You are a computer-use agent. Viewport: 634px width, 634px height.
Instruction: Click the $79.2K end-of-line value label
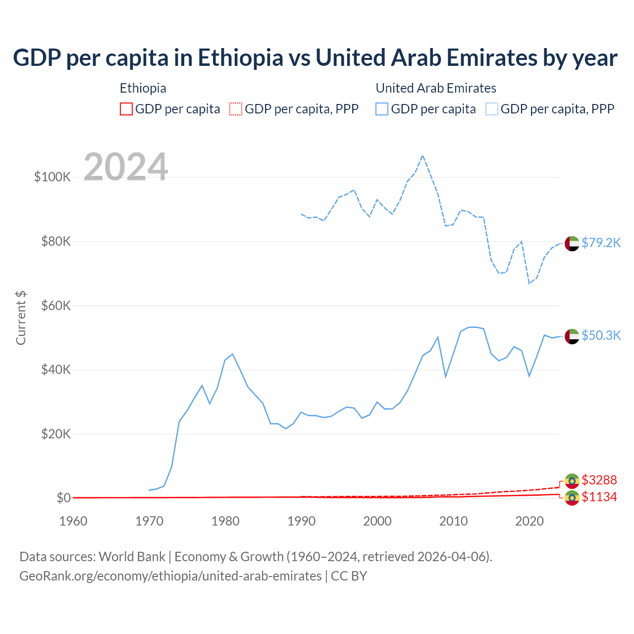click(x=601, y=243)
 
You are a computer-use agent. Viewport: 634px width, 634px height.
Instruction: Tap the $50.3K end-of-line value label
click(x=601, y=335)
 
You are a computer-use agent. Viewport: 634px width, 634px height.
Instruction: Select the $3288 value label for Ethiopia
click(x=599, y=480)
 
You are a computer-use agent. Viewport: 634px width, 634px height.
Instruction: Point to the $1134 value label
click(x=599, y=497)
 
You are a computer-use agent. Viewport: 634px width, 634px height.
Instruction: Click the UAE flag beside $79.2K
click(x=572, y=244)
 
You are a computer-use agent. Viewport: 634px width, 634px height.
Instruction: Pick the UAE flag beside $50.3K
click(x=572, y=336)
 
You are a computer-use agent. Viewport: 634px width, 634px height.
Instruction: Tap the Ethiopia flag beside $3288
click(x=572, y=481)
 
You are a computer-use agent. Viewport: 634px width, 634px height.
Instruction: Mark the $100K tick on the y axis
click(x=53, y=177)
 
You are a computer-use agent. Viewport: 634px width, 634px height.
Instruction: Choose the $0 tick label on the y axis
click(x=63, y=498)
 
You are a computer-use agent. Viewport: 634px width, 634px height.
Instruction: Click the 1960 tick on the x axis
click(x=73, y=521)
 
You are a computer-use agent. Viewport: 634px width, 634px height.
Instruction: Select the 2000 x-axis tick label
click(x=377, y=521)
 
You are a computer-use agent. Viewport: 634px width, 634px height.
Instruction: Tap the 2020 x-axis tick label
click(x=529, y=521)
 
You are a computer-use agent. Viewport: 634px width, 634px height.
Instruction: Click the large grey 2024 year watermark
click(x=126, y=167)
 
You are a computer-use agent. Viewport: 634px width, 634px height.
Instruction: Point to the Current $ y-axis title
click(x=21, y=318)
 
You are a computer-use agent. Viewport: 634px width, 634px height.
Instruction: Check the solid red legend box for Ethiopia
click(x=126, y=109)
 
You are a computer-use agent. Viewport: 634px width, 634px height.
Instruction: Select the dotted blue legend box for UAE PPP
click(x=492, y=109)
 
